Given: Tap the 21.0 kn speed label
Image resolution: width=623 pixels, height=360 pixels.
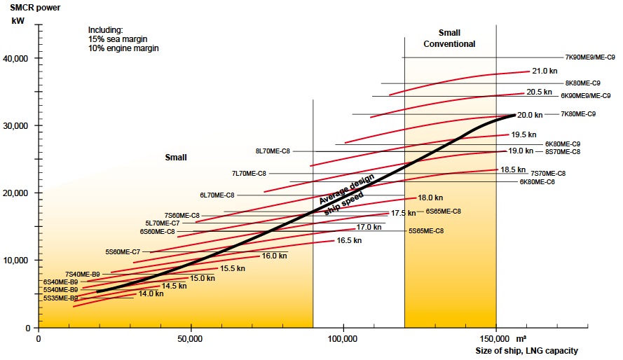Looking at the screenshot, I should pos(544,71).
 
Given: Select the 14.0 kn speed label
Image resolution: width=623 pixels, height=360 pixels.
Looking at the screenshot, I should pos(151,294).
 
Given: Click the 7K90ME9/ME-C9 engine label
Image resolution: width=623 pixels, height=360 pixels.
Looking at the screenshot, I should pos(590,57).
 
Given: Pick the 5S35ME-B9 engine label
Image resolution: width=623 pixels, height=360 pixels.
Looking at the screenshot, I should pos(60,298).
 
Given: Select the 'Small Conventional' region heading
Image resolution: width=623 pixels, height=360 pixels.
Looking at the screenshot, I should pos(449,39).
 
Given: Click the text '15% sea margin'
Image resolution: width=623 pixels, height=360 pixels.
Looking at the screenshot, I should pos(116,40).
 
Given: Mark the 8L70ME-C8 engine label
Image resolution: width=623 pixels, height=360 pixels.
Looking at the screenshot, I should pos(273,151).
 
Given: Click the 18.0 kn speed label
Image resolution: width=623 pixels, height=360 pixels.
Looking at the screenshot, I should pos(430,198).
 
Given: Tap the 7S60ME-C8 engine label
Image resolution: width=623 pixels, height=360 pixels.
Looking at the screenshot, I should pos(182,215).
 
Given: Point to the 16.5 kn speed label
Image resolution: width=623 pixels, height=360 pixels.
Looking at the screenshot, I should pos(349,241).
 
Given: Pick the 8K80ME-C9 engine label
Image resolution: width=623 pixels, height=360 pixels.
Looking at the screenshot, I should pos(582,83).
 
